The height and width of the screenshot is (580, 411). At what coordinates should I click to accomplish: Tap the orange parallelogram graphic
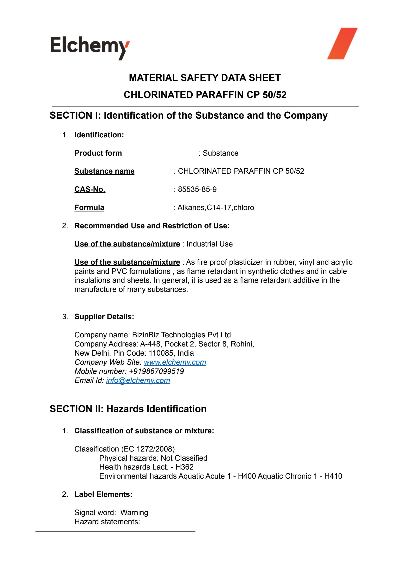point(342,43)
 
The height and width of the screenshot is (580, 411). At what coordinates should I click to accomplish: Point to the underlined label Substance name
point(104,171)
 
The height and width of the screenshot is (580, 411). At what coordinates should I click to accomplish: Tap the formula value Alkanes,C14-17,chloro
point(216,208)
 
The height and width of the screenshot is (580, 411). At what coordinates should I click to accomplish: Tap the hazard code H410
point(333,476)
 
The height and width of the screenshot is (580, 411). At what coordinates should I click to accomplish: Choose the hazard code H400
point(247,476)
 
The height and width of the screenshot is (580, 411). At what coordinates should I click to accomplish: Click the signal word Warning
point(134,513)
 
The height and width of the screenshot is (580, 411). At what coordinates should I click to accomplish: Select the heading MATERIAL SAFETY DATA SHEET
point(205,78)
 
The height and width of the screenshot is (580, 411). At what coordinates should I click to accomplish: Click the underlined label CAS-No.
point(90,189)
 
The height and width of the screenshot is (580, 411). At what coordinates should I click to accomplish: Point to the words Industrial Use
point(209,244)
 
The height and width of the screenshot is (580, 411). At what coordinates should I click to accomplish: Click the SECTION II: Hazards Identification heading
point(128,409)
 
